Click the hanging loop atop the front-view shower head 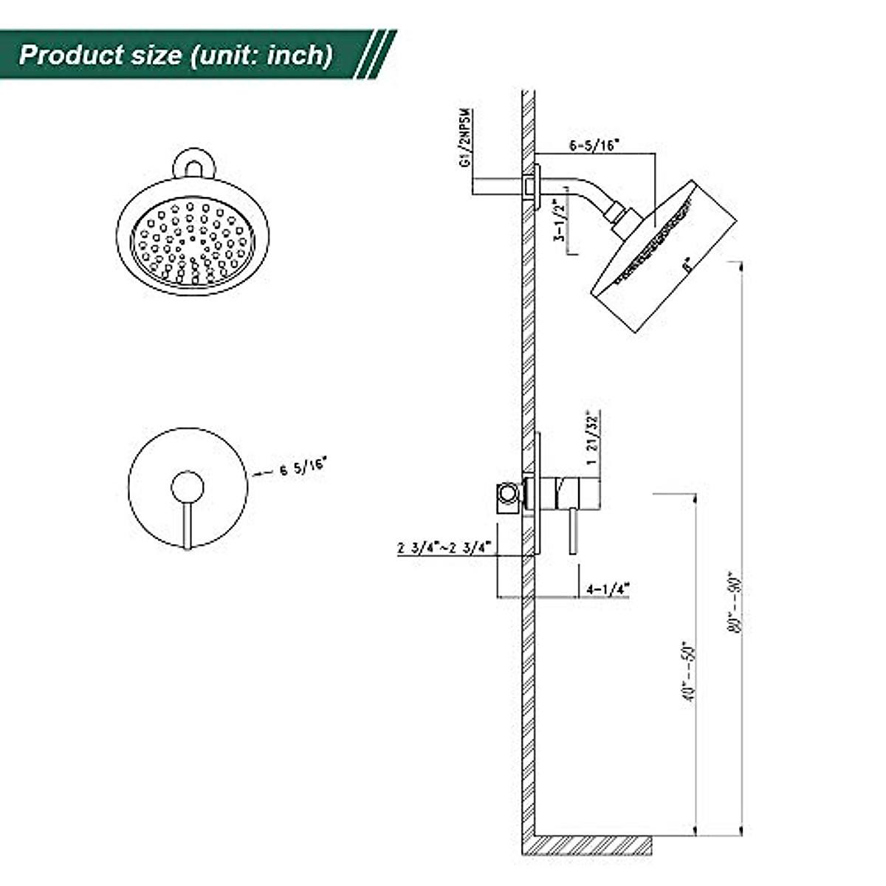[192, 165]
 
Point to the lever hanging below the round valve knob [188, 526]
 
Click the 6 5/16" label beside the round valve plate [303, 468]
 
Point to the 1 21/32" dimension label [591, 438]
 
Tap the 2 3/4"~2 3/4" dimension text [445, 549]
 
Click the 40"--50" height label [690, 670]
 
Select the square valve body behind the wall [506, 495]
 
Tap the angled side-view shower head [664, 255]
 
